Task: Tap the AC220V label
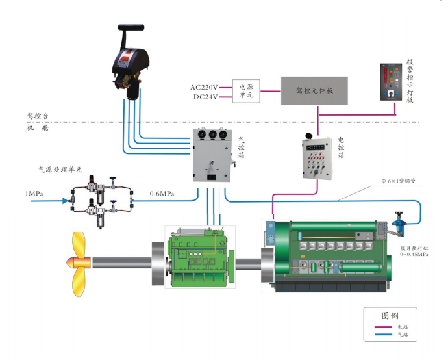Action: click(x=204, y=87)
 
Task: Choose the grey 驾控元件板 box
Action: click(x=314, y=91)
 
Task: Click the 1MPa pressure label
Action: click(x=35, y=194)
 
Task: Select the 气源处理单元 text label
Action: click(x=60, y=169)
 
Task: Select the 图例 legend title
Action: click(x=389, y=316)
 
